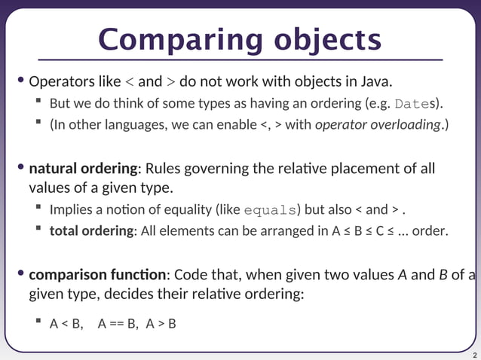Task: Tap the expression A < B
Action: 66,325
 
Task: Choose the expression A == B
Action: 118,325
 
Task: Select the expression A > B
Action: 161,325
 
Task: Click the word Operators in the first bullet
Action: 60,81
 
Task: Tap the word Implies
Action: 72,210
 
